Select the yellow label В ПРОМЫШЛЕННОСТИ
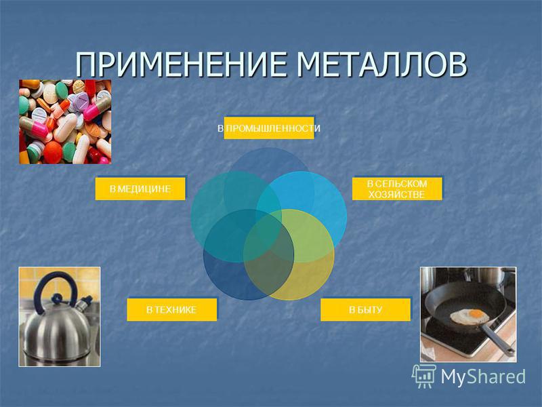tap(269, 128)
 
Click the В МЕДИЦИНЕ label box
tap(140, 189)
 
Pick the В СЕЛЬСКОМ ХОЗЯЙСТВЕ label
tap(397, 189)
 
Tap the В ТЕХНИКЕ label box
tap(172, 310)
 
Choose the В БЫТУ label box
tap(365, 310)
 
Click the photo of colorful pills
tap(65, 122)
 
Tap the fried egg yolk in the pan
tap(476, 313)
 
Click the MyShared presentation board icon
tap(423, 376)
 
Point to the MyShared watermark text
tap(483, 376)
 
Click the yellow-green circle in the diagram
tap(289, 254)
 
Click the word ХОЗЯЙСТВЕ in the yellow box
tap(396, 195)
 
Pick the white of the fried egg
tap(470, 317)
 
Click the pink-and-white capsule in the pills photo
tap(34, 127)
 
